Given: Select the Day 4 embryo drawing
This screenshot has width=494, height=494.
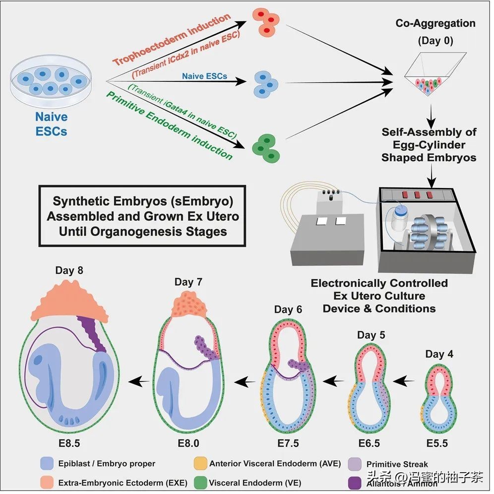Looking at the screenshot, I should (439, 397).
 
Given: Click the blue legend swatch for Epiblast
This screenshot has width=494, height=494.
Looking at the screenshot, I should (47, 464).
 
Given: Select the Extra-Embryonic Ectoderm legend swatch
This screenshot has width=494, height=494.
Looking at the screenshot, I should (47, 482).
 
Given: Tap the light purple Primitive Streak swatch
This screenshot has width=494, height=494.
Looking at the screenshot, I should (356, 464).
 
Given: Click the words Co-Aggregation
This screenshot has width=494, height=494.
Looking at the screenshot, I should (435, 23).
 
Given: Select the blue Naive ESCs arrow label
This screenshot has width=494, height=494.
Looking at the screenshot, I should (204, 76).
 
